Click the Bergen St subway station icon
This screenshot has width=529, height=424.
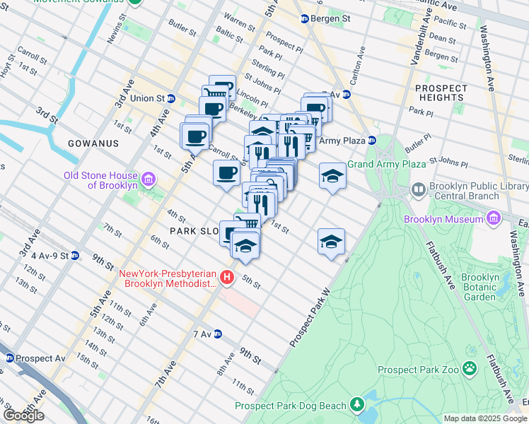pyautogui.click(x=305, y=19)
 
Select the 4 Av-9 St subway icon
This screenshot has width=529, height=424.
pyautogui.click(x=75, y=256)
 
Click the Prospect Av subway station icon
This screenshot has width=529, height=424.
pyautogui.click(x=8, y=358)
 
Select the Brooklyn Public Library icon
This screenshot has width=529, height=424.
pyautogui.click(x=419, y=190)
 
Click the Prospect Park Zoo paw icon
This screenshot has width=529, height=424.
pyautogui.click(x=468, y=369)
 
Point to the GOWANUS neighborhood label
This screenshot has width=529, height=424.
pyautogui.click(x=93, y=143)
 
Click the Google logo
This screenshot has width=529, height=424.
pyautogui.click(x=23, y=416)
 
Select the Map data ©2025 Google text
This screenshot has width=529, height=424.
pyautogui.click(x=485, y=418)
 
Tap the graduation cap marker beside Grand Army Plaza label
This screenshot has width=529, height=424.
pyautogui.click(x=332, y=177)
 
